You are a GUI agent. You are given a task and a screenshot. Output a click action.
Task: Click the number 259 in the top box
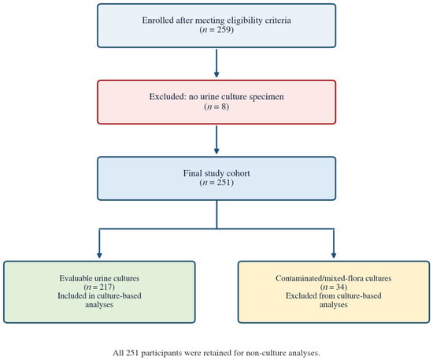click(x=223, y=30)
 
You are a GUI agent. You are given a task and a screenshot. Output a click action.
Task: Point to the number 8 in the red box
click(x=224, y=106)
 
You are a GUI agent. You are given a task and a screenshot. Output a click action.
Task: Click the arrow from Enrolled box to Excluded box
click(x=216, y=63)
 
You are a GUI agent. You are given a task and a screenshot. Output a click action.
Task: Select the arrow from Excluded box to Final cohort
click(x=216, y=139)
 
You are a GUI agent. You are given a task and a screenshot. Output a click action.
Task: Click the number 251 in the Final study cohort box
click(x=223, y=183)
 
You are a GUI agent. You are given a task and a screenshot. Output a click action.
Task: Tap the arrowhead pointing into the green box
click(x=99, y=255)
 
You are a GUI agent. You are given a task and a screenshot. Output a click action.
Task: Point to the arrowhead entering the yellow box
click(x=334, y=255)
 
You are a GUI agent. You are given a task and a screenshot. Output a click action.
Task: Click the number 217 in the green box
click(x=106, y=287)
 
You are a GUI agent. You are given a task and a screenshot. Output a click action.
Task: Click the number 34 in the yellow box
click(x=340, y=287)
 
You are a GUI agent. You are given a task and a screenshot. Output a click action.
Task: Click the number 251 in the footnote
click(x=133, y=353)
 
